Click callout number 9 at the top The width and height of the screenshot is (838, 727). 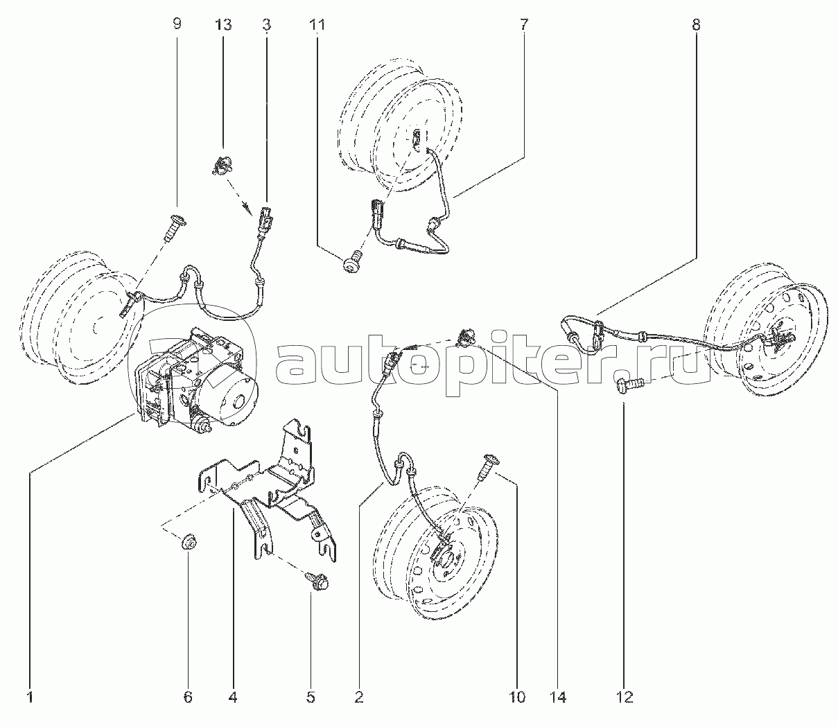tap(177, 24)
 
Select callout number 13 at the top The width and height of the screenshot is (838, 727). tap(223, 24)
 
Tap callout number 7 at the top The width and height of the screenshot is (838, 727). tap(523, 24)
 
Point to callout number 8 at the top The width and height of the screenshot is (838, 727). tap(695, 24)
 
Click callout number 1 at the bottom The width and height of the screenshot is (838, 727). tap(30, 697)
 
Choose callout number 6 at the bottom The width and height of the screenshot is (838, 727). tap(188, 697)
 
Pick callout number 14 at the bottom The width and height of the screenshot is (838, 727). tap(559, 697)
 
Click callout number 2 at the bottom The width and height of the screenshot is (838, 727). tap(359, 697)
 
